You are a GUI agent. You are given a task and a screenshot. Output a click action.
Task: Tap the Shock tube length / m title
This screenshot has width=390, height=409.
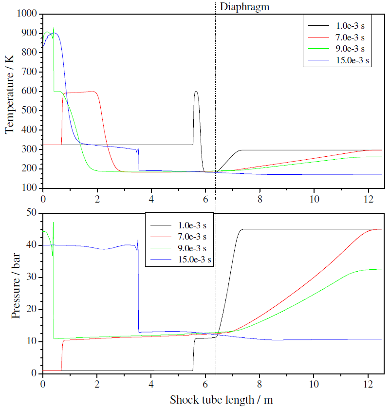pyautogui.click(x=221, y=400)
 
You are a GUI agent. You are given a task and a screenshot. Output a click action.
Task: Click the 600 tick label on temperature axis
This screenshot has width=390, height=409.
pyautogui.click(x=31, y=92)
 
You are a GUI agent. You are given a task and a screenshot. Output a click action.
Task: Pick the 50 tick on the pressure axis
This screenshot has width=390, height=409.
pyautogui.click(x=33, y=213)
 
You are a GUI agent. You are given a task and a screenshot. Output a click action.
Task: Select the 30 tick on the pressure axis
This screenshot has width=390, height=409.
pyautogui.click(x=33, y=277)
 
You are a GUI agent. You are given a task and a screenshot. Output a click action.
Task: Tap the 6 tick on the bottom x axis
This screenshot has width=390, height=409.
pyautogui.click(x=205, y=383)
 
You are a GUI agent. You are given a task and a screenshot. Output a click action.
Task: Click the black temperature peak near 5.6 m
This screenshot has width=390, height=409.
pyautogui.click(x=196, y=92)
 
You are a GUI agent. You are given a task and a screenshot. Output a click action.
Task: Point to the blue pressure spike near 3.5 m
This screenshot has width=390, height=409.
pyautogui.click(x=138, y=241)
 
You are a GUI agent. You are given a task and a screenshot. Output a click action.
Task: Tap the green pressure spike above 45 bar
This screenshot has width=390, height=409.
pyautogui.click(x=53, y=223)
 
